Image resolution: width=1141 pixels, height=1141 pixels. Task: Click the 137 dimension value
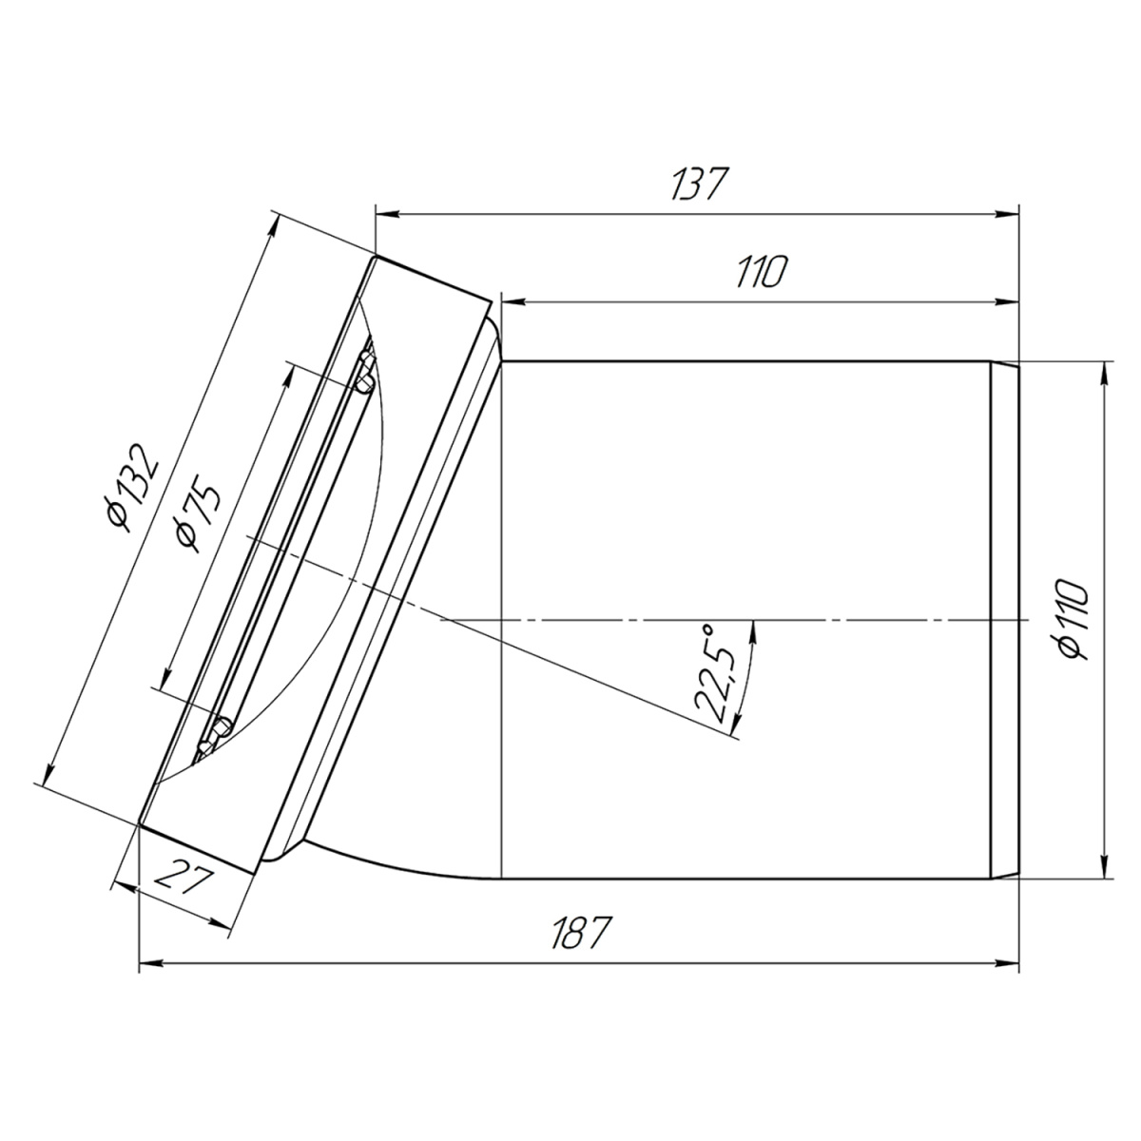698,184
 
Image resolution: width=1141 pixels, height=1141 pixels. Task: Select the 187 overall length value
580,933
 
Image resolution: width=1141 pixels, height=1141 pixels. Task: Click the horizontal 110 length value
762,272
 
